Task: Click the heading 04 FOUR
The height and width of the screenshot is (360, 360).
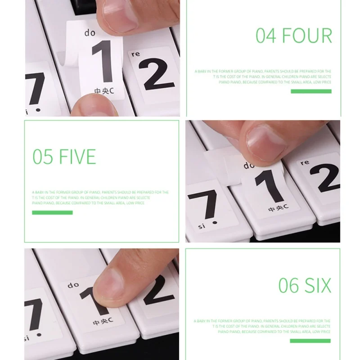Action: pos(293,36)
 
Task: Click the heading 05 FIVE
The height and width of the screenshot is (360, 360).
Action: pos(64,157)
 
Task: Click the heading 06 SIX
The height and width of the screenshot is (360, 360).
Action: pos(305,285)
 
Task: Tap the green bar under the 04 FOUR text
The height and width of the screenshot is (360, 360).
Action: pos(311,91)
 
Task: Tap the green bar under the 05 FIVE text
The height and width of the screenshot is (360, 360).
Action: pos(52,212)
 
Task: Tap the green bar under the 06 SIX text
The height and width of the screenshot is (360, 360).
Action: pos(311,340)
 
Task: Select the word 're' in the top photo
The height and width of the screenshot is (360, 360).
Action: pos(135,54)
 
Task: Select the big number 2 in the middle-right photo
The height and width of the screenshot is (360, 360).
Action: pos(323,178)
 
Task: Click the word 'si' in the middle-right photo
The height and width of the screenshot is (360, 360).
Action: pos(202,226)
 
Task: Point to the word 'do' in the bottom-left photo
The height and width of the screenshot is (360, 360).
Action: pos(73,285)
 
